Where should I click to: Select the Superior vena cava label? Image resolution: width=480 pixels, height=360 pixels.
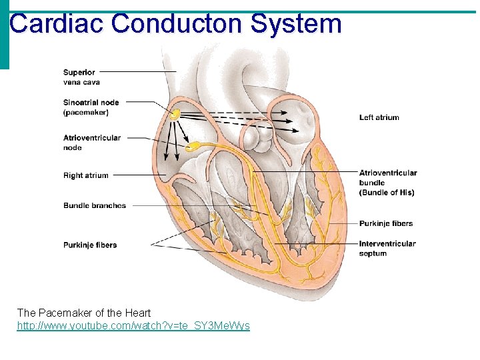81,77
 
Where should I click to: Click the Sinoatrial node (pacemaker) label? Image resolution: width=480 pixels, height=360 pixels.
91,107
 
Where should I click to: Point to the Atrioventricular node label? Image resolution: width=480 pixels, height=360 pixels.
92,143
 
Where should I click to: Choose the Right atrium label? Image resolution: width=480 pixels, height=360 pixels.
85,175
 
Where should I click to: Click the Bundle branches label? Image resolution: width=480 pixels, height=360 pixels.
95,205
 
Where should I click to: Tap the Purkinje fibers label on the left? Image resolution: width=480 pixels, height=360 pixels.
90,245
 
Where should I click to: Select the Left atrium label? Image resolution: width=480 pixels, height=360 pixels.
379,117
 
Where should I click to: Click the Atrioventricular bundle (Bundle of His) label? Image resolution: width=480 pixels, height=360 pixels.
387,182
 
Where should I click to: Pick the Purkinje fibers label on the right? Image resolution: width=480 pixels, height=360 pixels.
386,223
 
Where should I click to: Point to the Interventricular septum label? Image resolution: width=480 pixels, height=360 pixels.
387,248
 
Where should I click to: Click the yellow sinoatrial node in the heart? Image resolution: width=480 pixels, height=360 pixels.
175,114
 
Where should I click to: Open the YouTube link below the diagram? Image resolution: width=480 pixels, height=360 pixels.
133,325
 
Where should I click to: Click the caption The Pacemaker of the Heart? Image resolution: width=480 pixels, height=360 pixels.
84,313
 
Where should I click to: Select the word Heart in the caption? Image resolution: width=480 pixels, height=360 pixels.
138,313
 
